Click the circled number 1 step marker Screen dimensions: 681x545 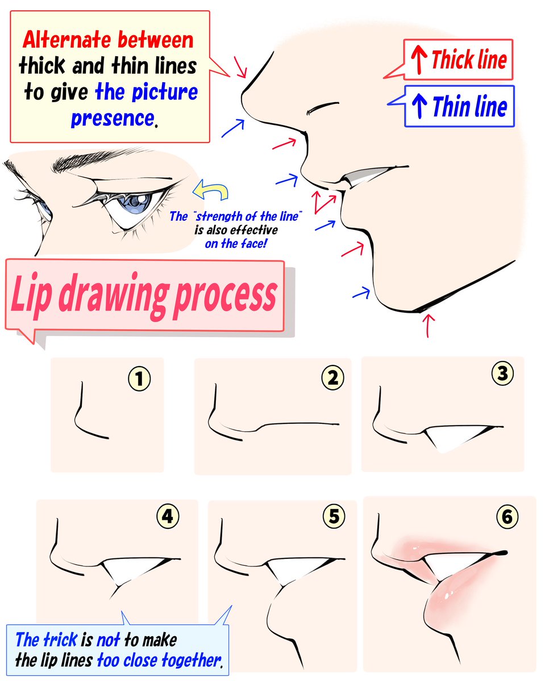click(x=139, y=379)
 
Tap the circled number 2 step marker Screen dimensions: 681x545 click(x=333, y=379)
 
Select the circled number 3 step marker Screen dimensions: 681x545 click(x=502, y=373)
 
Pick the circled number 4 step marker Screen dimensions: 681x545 click(x=168, y=517)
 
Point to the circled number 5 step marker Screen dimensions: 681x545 click(x=334, y=517)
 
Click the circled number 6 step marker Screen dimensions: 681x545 click(x=507, y=517)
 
